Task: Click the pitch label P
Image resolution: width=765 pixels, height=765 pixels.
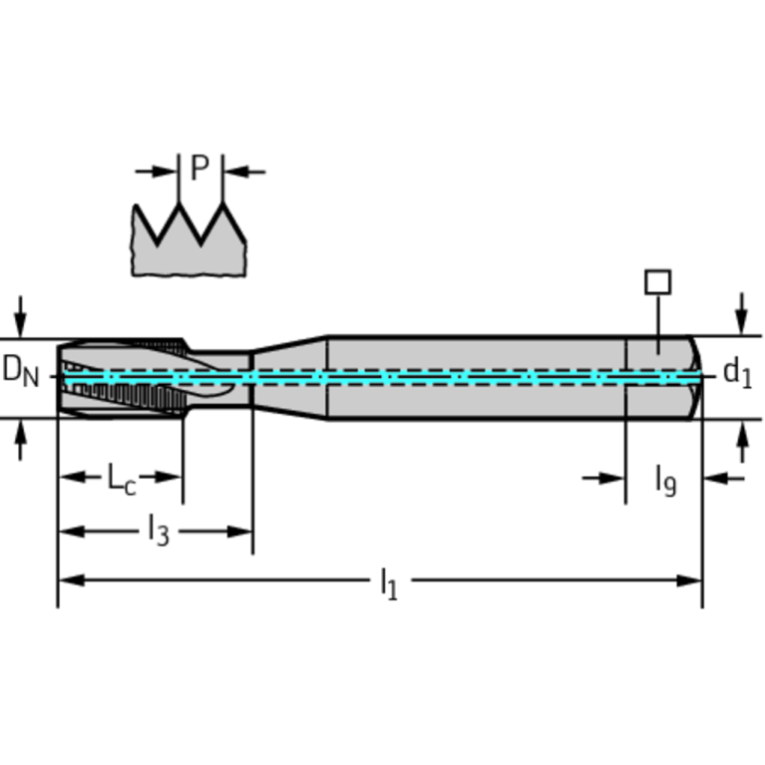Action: coord(199,168)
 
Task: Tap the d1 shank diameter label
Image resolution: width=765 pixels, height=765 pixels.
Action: coord(737,373)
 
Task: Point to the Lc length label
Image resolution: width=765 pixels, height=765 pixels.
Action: coord(121,479)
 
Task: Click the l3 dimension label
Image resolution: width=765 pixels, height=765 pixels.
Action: coord(159,530)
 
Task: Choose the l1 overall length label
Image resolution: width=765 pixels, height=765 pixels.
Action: coord(389,583)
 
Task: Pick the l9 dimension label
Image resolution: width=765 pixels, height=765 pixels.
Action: coord(666,481)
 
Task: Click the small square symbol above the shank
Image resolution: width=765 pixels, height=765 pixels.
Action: coord(657,282)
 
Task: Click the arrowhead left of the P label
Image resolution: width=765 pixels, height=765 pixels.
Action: coord(164,172)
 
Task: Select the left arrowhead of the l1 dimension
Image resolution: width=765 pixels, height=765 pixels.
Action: coord(71,580)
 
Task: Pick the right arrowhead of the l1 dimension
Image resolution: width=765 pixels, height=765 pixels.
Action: coord(689,580)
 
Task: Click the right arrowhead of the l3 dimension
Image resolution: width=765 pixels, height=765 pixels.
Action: coord(239,532)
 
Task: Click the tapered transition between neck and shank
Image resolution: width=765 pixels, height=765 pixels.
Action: coord(290,378)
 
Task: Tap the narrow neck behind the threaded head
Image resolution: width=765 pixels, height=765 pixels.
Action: coord(219,378)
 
